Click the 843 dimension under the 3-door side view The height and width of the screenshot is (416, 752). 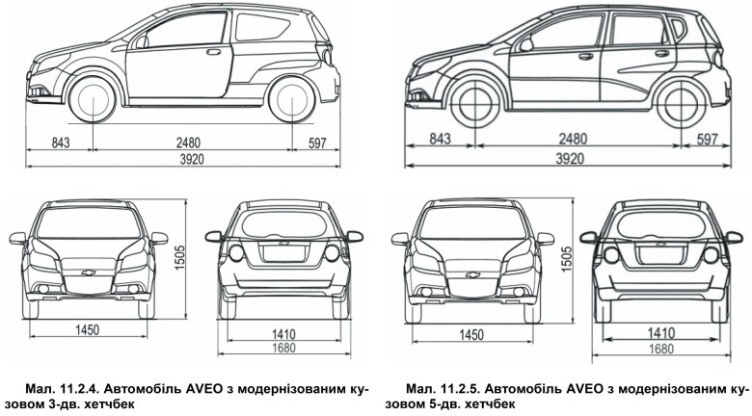click(x=61, y=143)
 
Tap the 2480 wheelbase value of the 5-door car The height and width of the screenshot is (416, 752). click(x=573, y=139)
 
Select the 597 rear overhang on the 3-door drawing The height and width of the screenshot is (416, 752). click(x=317, y=143)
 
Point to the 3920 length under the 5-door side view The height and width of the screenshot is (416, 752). click(x=570, y=159)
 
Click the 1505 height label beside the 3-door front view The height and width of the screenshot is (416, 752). click(x=180, y=257)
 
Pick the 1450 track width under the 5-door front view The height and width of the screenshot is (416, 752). click(x=471, y=334)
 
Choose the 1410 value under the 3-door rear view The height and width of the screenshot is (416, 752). click(x=283, y=333)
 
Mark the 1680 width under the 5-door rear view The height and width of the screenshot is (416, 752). click(x=661, y=349)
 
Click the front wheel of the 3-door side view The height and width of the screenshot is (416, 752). click(x=93, y=100)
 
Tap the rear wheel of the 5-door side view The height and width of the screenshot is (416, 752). click(x=682, y=104)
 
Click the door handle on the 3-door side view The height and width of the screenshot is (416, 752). click(x=213, y=51)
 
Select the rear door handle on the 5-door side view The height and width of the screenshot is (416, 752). click(x=661, y=53)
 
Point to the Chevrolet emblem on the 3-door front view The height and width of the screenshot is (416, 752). click(x=89, y=273)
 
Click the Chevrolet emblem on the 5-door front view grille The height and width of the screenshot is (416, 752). click(x=472, y=274)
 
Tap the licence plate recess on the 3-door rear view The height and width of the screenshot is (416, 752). click(x=283, y=252)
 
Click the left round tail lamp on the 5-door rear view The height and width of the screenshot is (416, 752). click(x=611, y=255)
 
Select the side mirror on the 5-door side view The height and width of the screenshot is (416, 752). click(x=525, y=45)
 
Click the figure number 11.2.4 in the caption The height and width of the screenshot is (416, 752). click(x=80, y=388)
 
